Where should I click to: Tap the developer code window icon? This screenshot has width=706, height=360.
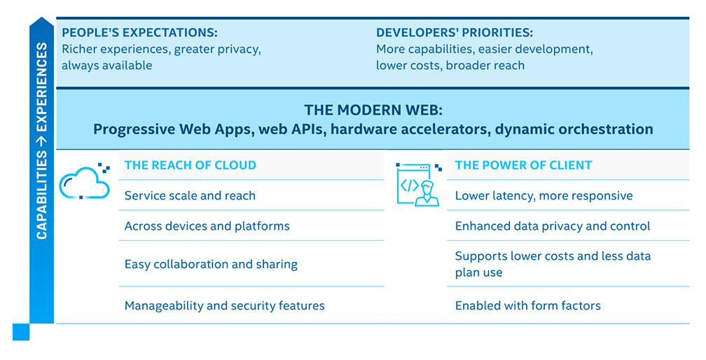click(419, 184)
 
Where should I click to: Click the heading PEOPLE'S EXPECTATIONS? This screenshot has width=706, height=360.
click(139, 32)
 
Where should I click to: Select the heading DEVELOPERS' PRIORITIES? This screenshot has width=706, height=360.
click(455, 32)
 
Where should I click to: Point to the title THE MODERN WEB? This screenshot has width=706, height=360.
click(373, 110)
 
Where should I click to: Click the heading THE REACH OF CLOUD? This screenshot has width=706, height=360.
click(191, 165)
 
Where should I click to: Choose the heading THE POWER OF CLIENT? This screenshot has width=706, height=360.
click(524, 165)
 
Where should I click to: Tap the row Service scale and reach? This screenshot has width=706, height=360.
click(190, 195)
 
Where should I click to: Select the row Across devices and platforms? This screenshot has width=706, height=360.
click(207, 226)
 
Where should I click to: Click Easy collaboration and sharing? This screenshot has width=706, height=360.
click(212, 264)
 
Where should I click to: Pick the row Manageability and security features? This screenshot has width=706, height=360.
click(225, 305)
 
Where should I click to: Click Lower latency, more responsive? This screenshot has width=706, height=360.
click(544, 195)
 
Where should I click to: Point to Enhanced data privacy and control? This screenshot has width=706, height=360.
click(553, 226)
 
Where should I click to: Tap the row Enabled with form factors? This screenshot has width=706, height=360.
click(528, 305)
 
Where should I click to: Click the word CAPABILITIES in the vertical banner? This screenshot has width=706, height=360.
click(41, 195)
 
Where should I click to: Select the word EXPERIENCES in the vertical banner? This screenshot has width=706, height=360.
click(41, 87)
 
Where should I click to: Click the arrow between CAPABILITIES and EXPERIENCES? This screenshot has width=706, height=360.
click(41, 141)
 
